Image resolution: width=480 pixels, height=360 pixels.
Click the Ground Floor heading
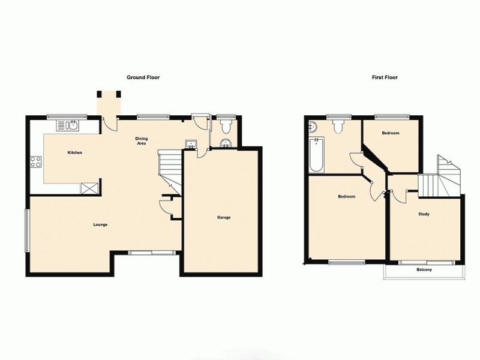pyautogui.click(x=143, y=77)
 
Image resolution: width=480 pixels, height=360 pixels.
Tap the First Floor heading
pyautogui.click(x=385, y=77)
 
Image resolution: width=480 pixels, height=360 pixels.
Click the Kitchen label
pyautogui.click(x=74, y=153)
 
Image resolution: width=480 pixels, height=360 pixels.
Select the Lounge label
pyautogui.click(x=100, y=224)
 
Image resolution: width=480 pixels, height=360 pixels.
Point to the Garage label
pyautogui.click(x=224, y=217)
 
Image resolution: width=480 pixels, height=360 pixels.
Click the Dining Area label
pyautogui.click(x=141, y=141)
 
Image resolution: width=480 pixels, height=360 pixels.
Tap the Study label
pyautogui.click(x=424, y=214)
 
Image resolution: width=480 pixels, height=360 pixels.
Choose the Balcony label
pyautogui.click(x=424, y=270)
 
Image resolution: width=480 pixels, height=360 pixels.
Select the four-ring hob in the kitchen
pyautogui.click(x=35, y=161)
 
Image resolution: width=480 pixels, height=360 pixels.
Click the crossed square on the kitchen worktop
pyautogui.click(x=90, y=188)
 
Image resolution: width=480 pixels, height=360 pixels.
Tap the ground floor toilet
pyautogui.click(x=226, y=126)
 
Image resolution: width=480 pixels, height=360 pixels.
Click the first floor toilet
pyautogui.click(x=338, y=125)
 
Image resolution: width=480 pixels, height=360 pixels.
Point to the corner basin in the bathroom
pyautogui.click(x=313, y=126)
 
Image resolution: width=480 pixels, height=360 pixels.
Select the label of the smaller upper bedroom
pyautogui.click(x=390, y=133)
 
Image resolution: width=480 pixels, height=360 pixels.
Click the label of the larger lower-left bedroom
pyautogui.click(x=346, y=197)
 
